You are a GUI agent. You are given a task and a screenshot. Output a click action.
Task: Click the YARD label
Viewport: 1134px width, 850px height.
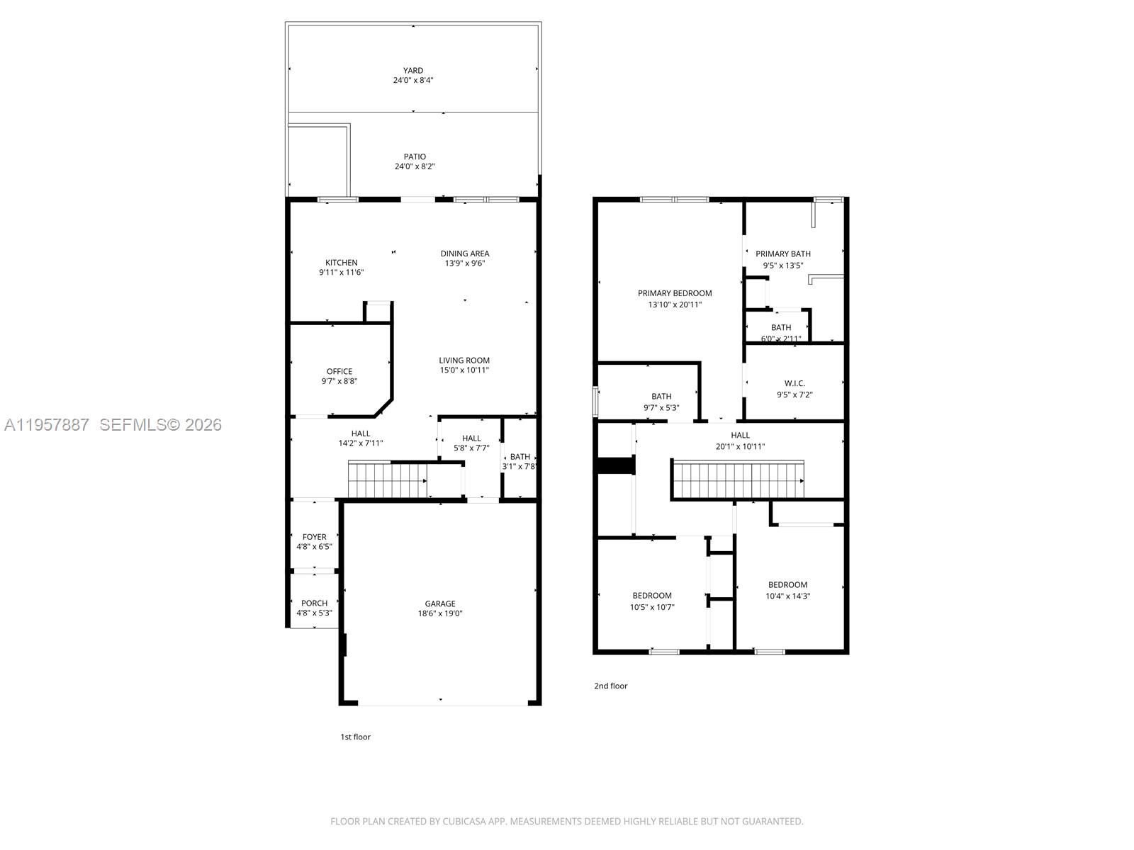413,70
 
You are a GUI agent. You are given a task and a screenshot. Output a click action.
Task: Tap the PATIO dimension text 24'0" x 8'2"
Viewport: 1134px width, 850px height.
415,166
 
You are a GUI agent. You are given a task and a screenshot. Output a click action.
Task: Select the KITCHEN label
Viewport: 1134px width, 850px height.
342,263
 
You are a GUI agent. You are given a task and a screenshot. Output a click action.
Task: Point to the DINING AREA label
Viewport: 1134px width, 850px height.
465,254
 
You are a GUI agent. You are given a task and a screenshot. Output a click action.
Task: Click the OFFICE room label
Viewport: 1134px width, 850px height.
339,371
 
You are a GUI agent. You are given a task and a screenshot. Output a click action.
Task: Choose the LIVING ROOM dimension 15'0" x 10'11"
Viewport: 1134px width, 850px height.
464,370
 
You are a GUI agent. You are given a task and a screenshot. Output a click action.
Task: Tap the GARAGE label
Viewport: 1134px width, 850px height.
440,603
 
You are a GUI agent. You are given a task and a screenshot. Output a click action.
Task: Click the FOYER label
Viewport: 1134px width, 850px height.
314,537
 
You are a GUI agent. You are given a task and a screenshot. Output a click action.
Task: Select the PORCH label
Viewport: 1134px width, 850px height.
314,603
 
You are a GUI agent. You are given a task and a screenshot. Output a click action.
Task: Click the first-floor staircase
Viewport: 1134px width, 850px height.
386,480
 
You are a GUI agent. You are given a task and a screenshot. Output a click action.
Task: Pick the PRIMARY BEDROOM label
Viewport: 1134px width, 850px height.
675,293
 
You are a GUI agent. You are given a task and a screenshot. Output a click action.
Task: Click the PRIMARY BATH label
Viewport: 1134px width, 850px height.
783,254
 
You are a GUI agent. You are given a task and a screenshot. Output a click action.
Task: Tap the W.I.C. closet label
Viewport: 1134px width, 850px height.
795,383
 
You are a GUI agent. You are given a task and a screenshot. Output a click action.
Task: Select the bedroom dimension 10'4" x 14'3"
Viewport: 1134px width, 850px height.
787,596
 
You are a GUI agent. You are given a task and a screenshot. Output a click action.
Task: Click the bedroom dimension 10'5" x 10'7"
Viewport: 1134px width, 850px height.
652,607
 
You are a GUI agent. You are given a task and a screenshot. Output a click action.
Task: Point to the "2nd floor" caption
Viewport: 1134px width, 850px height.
610,686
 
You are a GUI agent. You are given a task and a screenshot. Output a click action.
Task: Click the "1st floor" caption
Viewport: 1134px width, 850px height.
356,737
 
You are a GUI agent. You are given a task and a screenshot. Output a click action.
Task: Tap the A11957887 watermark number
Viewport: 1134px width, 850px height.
47,425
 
